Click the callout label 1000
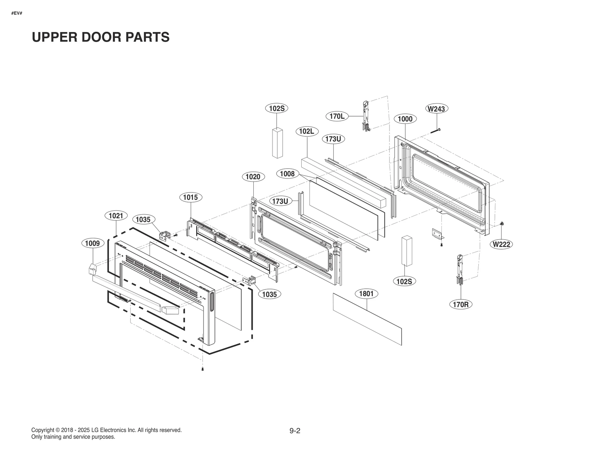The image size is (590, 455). [405, 119]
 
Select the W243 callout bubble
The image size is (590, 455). [436, 109]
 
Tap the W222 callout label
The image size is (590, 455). [502, 244]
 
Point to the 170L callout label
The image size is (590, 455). [337, 117]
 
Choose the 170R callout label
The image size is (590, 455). [461, 305]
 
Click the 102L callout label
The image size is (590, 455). [307, 131]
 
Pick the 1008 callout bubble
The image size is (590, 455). [287, 174]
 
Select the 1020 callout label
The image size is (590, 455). [253, 177]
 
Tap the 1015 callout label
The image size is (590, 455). [191, 197]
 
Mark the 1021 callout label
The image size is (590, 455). [116, 215]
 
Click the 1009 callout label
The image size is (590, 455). [92, 243]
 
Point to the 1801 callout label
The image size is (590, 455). [366, 294]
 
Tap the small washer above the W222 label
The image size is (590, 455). [502, 224]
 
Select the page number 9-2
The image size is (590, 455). [295, 431]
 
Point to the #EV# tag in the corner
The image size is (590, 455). [17, 13]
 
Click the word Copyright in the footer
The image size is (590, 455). [43, 430]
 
